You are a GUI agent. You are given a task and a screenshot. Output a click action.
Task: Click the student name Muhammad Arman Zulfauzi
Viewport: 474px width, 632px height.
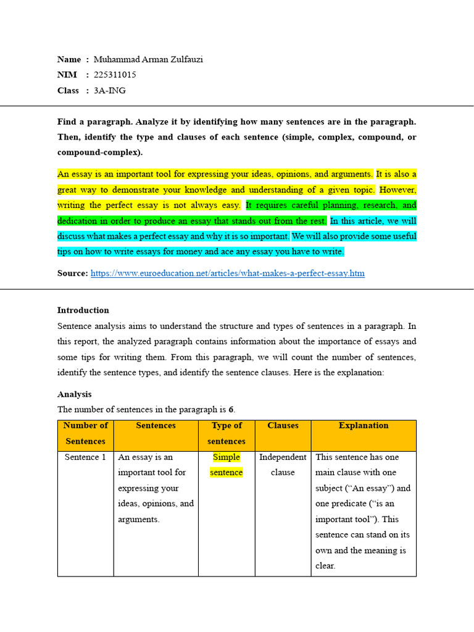148,59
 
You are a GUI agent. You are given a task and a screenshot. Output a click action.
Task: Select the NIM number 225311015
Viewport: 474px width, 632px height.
115,75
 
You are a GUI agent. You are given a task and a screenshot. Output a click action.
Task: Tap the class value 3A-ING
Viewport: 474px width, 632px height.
110,90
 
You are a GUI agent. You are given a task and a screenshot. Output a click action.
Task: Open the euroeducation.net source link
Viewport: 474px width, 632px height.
228,273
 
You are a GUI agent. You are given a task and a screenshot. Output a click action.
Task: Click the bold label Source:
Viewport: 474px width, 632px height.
73,273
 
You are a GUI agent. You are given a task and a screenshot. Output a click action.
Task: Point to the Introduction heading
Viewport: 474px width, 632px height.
83,310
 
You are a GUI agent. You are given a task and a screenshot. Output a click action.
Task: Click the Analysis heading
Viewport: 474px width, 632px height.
74,394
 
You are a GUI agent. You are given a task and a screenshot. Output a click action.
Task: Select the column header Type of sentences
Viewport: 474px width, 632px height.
227,433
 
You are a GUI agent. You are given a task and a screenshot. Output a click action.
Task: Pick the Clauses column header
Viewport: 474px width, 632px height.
283,425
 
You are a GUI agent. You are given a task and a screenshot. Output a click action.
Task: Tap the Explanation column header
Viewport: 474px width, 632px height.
364,425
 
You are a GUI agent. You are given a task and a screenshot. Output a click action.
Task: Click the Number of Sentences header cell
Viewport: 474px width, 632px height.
86,433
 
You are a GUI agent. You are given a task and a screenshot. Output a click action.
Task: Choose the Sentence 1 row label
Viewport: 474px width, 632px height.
86,457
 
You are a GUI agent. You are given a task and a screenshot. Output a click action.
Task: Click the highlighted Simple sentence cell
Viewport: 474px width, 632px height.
227,465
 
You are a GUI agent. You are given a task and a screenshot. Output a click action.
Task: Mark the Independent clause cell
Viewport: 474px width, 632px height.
283,465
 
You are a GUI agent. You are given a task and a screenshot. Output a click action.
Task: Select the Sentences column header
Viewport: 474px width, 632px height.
156,425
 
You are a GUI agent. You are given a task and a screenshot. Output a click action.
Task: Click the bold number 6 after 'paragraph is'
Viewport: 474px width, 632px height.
231,410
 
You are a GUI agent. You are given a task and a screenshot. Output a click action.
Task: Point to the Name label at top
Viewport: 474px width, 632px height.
69,59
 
